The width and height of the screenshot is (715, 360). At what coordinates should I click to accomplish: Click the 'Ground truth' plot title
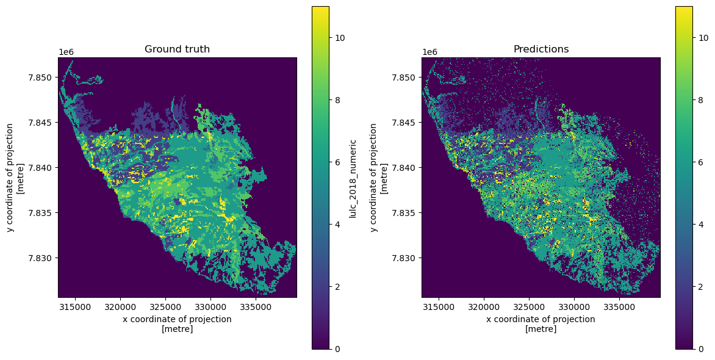point(177,49)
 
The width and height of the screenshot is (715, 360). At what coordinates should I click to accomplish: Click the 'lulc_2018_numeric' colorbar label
point(353,177)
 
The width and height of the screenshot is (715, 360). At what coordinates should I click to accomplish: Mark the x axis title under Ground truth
point(177,324)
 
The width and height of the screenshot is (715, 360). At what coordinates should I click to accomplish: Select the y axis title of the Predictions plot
point(378,177)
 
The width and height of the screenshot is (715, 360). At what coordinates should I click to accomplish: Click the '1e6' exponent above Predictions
point(429,52)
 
